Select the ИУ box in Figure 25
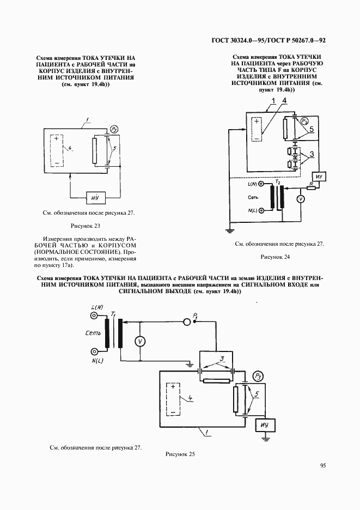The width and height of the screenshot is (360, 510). tap(265, 425)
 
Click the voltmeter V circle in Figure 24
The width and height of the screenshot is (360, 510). tap(300, 199)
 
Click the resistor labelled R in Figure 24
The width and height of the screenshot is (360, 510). tap(311, 187)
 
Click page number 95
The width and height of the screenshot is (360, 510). tap(324, 465)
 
